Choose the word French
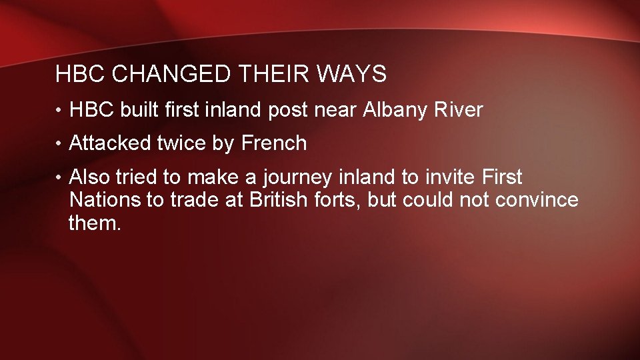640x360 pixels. click(x=274, y=143)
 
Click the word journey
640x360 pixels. click(x=297, y=178)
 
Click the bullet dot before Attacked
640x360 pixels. click(x=60, y=144)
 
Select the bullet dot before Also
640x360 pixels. click(x=60, y=178)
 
